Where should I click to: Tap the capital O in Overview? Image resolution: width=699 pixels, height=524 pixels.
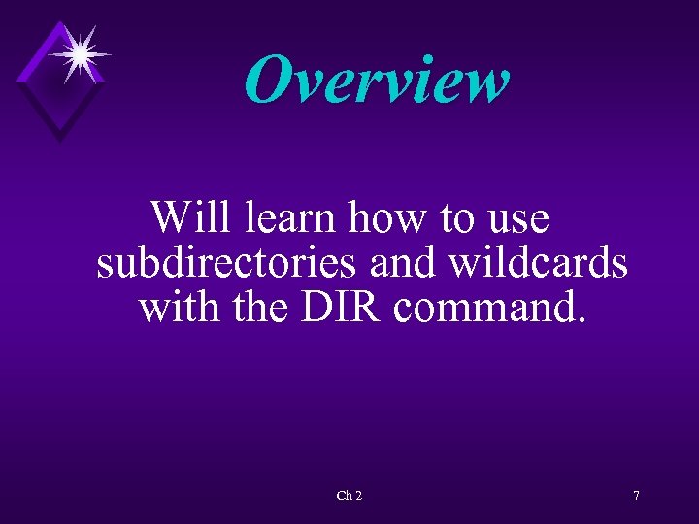click(268, 80)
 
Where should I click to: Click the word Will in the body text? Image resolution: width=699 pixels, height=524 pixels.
click(191, 217)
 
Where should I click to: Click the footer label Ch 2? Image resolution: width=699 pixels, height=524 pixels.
click(349, 496)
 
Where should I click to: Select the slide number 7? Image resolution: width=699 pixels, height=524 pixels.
click(636, 496)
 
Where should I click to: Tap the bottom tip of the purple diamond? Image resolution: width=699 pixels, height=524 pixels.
click(59, 141)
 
